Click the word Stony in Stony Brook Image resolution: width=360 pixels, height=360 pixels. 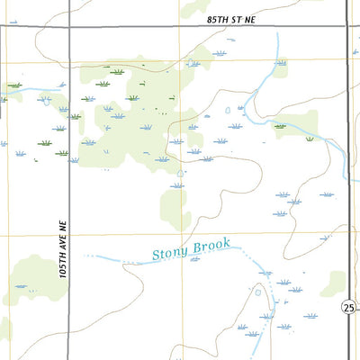(x=170, y=252)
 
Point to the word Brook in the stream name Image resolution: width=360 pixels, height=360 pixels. (x=213, y=244)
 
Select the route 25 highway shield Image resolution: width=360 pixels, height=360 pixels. (x=348, y=309)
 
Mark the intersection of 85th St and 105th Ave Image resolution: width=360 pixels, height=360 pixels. (x=69, y=28)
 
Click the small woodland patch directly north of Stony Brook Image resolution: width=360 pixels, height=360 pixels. (x=175, y=207)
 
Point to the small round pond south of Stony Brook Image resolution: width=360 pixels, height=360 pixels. (x=259, y=291)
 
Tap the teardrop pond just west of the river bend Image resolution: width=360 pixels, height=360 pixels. (x=228, y=110)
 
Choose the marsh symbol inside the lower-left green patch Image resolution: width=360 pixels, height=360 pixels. (x=20, y=286)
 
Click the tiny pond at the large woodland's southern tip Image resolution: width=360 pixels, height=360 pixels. (x=181, y=173)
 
